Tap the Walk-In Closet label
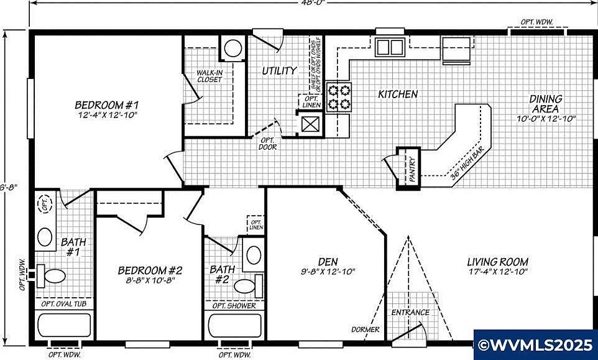[x=209, y=76]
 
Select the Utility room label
[x=278, y=71]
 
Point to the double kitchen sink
[x=390, y=47]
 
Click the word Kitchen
[x=398, y=95]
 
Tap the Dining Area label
[x=546, y=103]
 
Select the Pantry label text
[x=412, y=168]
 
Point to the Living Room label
[x=497, y=262]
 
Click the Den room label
[x=328, y=262]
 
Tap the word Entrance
[x=410, y=312]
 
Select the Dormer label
[x=362, y=330]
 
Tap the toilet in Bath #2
[x=246, y=287]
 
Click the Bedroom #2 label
[x=150, y=270]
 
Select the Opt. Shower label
[x=234, y=305]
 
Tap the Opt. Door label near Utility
[x=268, y=144]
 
